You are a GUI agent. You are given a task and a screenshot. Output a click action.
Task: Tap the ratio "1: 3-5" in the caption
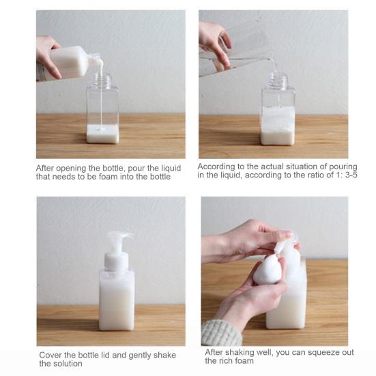point(347,175)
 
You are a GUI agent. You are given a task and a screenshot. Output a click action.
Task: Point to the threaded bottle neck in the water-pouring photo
point(278,80)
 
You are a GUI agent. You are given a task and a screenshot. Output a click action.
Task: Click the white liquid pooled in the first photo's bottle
point(102,134)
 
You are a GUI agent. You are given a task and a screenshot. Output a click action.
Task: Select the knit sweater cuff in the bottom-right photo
point(220,333)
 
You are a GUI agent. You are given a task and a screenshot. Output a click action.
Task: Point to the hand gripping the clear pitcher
point(216,44)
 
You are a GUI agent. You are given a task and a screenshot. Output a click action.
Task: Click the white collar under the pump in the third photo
point(116,261)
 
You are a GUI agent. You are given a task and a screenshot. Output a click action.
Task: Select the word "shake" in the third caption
point(164,355)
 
